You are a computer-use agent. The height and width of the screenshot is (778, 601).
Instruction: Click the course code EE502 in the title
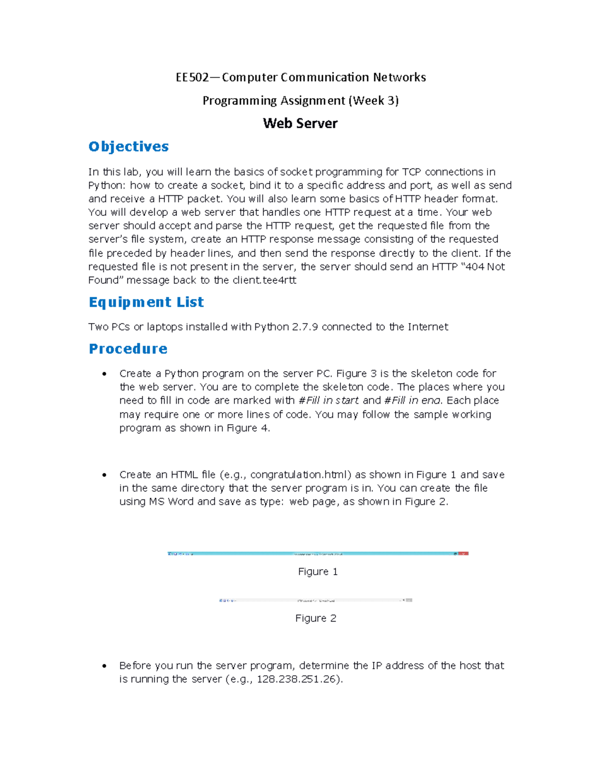(192, 77)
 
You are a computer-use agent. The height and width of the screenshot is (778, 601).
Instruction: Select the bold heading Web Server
(300, 123)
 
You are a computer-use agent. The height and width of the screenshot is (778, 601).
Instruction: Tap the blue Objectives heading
(129, 146)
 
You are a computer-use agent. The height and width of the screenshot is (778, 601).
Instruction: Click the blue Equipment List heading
(146, 302)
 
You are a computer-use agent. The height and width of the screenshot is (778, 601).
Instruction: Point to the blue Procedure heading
(128, 349)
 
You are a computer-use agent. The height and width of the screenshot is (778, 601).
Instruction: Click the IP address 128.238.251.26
(298, 679)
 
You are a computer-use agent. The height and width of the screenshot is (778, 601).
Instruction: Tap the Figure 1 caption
(318, 572)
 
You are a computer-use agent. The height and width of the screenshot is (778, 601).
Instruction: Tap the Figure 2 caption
(316, 618)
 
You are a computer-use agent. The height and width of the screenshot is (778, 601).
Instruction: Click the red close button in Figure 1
(464, 554)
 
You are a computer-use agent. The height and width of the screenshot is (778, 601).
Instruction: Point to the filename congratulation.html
(300, 474)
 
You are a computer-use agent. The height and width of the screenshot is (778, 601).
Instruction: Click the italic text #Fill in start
(329, 400)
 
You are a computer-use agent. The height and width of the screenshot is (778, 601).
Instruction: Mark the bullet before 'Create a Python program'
(104, 374)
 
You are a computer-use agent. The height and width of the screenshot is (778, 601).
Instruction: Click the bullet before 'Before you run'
(104, 666)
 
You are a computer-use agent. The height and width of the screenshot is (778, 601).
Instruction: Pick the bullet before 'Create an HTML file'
(104, 475)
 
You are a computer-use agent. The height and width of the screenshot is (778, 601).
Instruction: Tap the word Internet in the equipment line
(428, 327)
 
